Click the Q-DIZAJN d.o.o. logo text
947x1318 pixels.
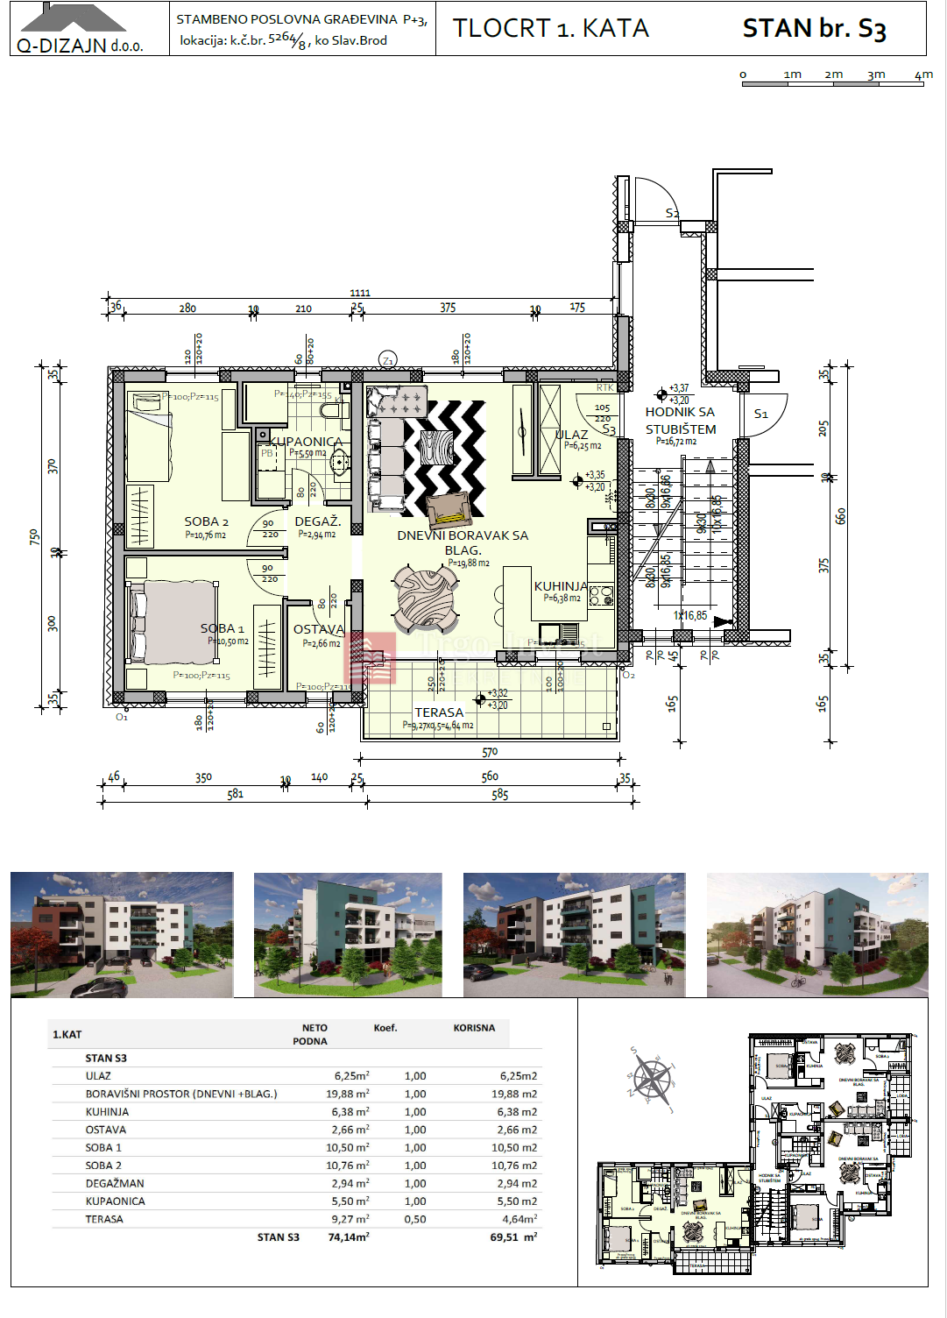(x=80, y=46)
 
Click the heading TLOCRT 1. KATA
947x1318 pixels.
(x=550, y=29)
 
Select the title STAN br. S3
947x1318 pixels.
(x=814, y=29)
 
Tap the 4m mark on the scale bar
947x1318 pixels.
(x=923, y=75)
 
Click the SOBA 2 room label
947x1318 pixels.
(x=206, y=521)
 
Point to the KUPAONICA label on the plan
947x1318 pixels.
(x=306, y=442)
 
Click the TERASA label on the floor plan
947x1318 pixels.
(x=439, y=712)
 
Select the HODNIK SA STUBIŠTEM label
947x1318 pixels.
(x=681, y=421)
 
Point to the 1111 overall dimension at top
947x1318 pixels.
(x=360, y=293)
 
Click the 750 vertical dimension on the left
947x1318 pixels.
(x=34, y=536)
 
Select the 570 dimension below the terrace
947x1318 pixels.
(x=490, y=752)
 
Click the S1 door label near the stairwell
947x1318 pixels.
(x=760, y=414)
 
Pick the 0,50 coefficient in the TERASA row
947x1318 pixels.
(x=415, y=1219)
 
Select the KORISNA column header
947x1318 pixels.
(x=474, y=1028)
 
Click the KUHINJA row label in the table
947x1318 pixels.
(x=107, y=1111)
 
